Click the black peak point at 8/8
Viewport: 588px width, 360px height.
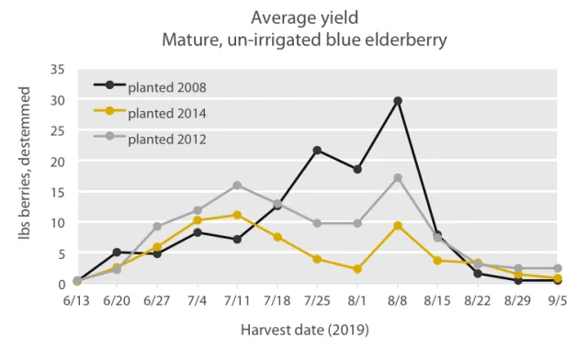398,101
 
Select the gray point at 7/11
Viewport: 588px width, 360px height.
237,186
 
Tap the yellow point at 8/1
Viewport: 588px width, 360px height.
357,269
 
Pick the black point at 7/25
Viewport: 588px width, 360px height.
317,150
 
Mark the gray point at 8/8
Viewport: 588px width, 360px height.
398,177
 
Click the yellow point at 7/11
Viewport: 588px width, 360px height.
237,215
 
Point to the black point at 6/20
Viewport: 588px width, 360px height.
117,252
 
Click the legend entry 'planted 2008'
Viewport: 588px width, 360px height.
166,87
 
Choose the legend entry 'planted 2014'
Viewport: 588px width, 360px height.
166,113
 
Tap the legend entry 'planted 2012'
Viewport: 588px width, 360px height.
166,139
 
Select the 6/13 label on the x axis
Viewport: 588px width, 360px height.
76,300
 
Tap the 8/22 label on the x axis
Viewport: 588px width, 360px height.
478,300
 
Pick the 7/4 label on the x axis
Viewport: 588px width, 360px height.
197,300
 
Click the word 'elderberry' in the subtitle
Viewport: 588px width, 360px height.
386,40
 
